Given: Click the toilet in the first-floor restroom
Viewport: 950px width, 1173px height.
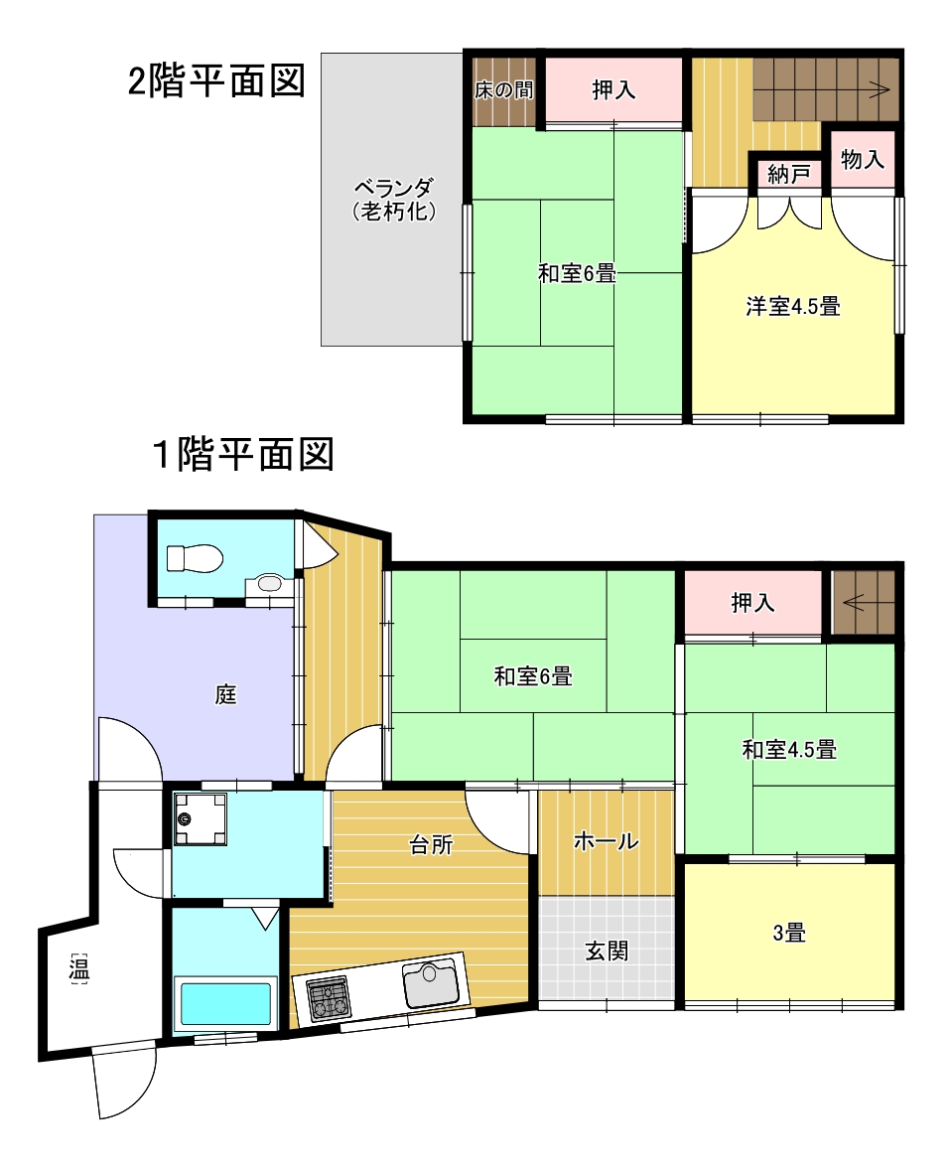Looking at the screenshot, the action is pos(196,558).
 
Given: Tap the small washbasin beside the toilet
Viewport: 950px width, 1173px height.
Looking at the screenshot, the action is pos(268,583).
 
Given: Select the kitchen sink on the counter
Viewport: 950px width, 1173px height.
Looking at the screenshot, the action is pos(431,982).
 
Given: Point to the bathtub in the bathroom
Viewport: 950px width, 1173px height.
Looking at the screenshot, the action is pos(225,1005).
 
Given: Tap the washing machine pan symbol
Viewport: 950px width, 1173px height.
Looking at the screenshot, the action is pos(201,819).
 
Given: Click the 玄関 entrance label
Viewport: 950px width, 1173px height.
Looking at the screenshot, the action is pos(607,951).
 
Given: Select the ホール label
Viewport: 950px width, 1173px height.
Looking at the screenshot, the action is pos(607,841).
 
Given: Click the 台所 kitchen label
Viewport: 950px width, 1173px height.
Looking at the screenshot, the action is pos(431,844).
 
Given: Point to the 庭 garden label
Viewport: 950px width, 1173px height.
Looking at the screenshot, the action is pos(225,695).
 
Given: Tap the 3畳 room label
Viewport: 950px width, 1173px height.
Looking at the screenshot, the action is pos(789,933).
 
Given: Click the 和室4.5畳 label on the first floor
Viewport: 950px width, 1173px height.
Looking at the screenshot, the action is pos(789,749).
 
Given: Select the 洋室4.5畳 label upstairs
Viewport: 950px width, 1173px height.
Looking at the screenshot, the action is pos(793,306).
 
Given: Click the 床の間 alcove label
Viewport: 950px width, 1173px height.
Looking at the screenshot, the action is pos(504,89).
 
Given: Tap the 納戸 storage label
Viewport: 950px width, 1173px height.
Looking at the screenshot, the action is pos(789,175).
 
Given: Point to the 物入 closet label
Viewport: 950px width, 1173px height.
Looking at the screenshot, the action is pos(863,159).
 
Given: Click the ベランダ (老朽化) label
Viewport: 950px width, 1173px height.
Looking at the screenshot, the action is pos(394,199).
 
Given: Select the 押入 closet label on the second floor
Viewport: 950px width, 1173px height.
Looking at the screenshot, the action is pos(613,89).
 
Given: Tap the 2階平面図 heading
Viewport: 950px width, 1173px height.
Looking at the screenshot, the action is pos(216,80).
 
